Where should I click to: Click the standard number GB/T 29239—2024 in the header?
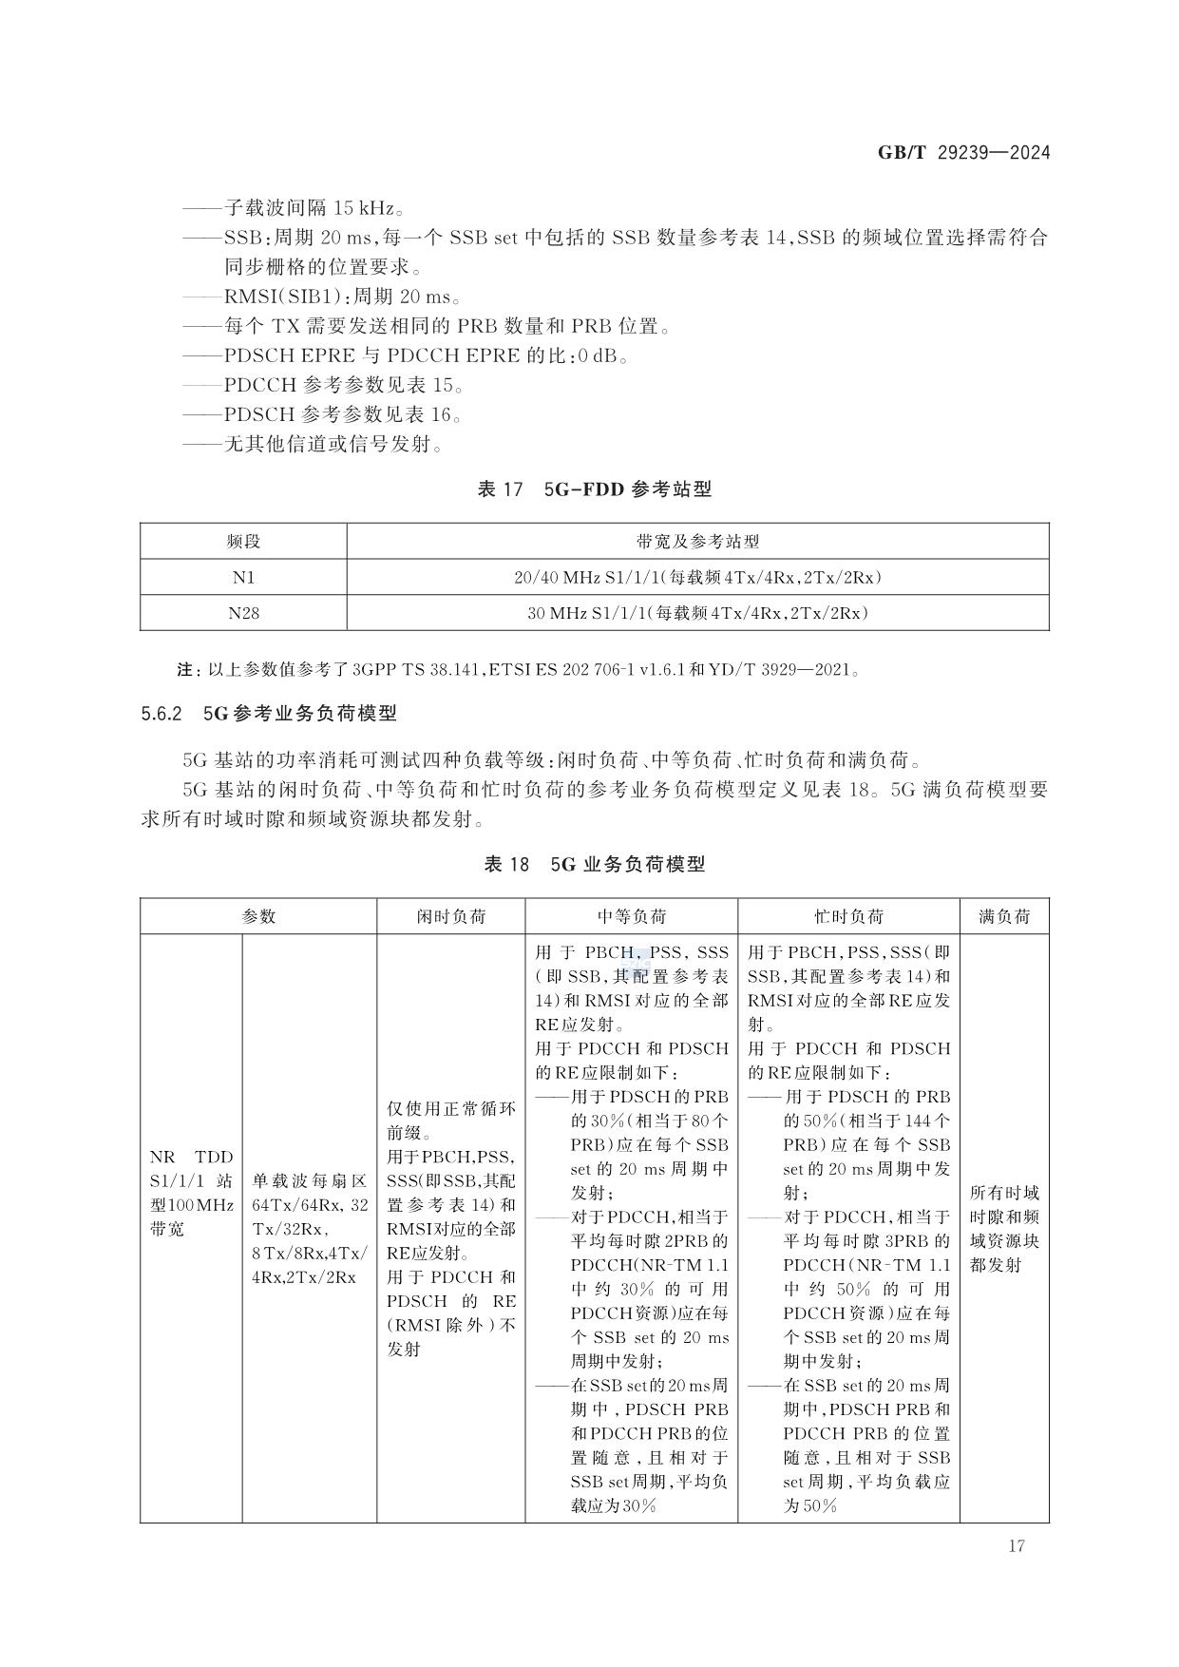click(x=963, y=152)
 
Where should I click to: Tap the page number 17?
click(x=1016, y=1545)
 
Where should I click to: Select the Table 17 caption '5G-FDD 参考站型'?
click(x=594, y=489)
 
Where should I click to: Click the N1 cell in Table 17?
click(x=243, y=577)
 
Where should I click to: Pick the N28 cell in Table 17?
click(x=243, y=613)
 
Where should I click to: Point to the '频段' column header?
click(x=243, y=542)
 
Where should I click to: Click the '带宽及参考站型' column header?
click(x=697, y=542)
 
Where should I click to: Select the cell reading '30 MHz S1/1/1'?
click(x=697, y=613)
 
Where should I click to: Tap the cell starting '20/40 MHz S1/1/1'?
click(x=697, y=577)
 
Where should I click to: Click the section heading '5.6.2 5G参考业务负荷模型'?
click(x=269, y=713)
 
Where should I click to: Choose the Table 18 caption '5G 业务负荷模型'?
click(x=594, y=864)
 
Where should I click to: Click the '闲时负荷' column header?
click(x=450, y=916)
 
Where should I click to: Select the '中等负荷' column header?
click(x=631, y=916)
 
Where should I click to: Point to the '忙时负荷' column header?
click(x=848, y=916)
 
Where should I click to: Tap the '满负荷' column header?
click(x=1004, y=916)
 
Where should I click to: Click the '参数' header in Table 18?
click(x=258, y=916)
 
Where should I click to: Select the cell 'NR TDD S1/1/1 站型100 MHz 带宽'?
click(x=191, y=1193)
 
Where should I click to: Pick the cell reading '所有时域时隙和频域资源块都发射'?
click(x=1004, y=1228)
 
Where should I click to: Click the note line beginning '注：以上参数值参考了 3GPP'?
click(x=519, y=669)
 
